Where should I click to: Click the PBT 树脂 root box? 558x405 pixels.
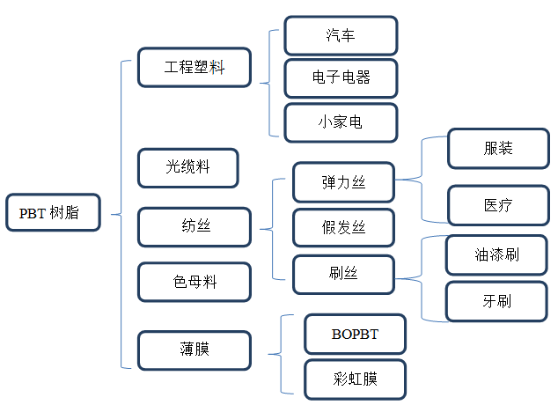(53, 212)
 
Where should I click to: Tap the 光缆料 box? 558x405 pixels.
(188, 167)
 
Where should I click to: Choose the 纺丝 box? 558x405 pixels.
(195, 226)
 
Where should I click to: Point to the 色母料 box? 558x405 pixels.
(195, 282)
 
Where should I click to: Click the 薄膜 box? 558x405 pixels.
(195, 350)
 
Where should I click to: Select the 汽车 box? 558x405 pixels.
(341, 36)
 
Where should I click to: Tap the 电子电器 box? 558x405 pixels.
(341, 77)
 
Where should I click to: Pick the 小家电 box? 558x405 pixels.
(341, 122)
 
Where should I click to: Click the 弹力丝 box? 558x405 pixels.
(343, 183)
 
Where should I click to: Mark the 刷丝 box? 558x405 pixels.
(343, 274)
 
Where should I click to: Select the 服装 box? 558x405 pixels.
(498, 148)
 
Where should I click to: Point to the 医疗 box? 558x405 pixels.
(498, 205)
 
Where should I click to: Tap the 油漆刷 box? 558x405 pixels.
(495, 255)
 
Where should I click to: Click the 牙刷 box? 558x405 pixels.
(495, 301)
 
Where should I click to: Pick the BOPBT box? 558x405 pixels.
(355, 334)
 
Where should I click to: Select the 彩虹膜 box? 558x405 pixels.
(355, 379)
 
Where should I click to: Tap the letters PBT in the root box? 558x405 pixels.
(33, 212)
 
